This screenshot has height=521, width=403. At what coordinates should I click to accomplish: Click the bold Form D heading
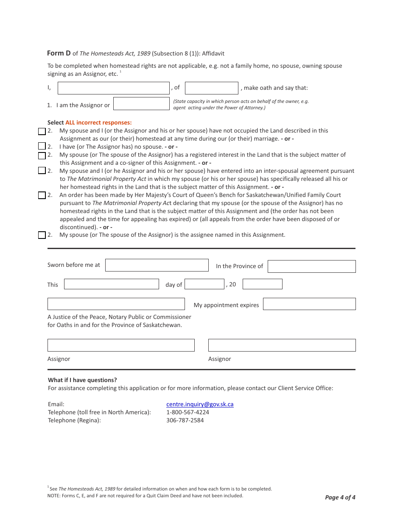point(59,53)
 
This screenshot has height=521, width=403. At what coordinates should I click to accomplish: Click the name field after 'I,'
point(113,88)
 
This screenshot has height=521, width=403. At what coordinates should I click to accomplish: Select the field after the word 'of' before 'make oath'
point(211,88)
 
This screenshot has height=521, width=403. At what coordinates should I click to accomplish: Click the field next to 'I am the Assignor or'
point(141,104)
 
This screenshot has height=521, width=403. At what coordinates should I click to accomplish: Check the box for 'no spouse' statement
point(42,147)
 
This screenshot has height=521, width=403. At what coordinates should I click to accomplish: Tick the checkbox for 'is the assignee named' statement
point(42,235)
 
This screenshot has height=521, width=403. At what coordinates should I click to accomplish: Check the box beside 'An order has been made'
point(42,195)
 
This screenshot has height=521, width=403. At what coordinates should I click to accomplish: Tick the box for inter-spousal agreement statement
point(42,171)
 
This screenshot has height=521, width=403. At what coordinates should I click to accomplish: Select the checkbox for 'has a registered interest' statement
point(42,155)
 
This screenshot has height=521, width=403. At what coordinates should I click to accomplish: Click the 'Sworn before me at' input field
point(157,265)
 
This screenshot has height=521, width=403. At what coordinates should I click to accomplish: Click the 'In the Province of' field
point(311,266)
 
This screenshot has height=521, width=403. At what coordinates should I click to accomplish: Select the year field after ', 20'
point(262,284)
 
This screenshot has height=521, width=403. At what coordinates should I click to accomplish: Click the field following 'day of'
point(204,284)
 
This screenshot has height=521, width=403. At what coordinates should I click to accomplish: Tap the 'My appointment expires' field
point(309,304)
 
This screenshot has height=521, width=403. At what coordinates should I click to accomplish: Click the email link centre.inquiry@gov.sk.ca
point(200,405)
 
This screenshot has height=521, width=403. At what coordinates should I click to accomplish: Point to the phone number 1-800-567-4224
point(188,412)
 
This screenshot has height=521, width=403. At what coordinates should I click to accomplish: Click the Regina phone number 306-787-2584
point(185,420)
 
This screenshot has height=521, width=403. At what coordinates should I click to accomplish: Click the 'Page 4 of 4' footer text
point(340,497)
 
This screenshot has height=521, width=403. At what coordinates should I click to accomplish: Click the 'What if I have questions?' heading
point(82,380)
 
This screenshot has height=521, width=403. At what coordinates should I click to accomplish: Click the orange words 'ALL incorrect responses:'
point(98,122)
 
